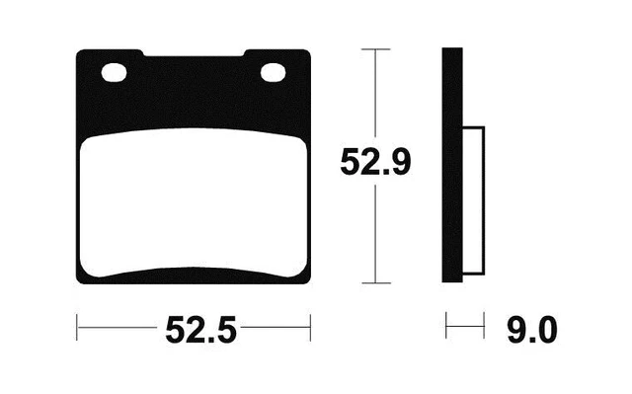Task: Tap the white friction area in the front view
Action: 195,202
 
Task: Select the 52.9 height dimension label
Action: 375,162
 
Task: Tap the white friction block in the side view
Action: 472,201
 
